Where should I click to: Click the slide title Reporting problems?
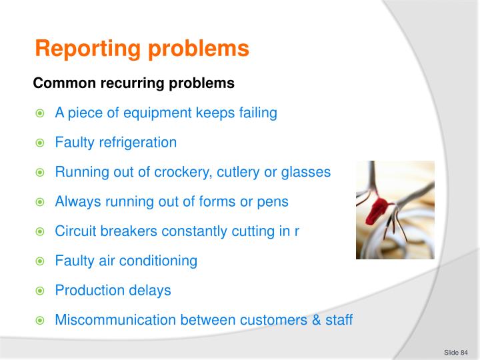pyautogui.click(x=141, y=49)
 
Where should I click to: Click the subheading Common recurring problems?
pyautogui.click(x=133, y=84)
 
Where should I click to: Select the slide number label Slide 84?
pyautogui.click(x=456, y=352)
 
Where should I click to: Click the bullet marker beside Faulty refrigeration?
pyautogui.click(x=40, y=143)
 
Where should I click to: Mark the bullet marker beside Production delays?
pyautogui.click(x=40, y=291)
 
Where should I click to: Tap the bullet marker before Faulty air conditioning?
pyautogui.click(x=40, y=261)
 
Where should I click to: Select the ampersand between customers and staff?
pyautogui.click(x=316, y=320)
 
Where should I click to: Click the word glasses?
pyautogui.click(x=305, y=172)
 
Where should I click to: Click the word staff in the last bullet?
pyautogui.click(x=339, y=320)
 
